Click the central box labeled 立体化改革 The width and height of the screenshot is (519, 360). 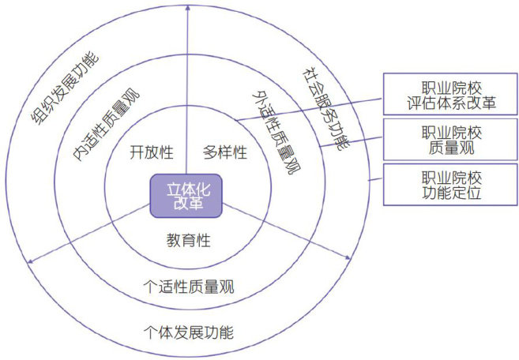pyautogui.click(x=186, y=196)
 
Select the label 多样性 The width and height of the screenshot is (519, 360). pyautogui.click(x=225, y=152)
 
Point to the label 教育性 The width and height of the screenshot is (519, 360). pyautogui.click(x=188, y=240)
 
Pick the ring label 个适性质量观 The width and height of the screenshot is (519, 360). pyautogui.click(x=189, y=286)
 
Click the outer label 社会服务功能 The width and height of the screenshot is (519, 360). pyautogui.click(x=324, y=107)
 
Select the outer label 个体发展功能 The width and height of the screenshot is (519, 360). pyautogui.click(x=189, y=332)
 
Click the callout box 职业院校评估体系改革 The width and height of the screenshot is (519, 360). pyautogui.click(x=449, y=94)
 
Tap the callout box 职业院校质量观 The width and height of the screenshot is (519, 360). pyautogui.click(x=449, y=137)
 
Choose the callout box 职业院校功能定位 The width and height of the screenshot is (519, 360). pyautogui.click(x=449, y=183)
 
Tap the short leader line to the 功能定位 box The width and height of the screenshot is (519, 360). pyautogui.click(x=374, y=183)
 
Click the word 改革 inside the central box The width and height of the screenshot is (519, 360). pyautogui.click(x=186, y=204)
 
